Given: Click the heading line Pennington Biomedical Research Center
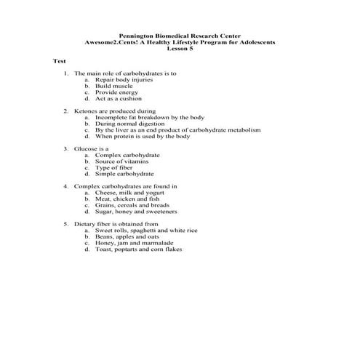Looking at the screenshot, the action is pyautogui.click(x=180, y=36).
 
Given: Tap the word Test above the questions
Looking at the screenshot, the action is pyautogui.click(x=60, y=61).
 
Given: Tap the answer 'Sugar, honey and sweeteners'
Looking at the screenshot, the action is pyautogui.click(x=135, y=212).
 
